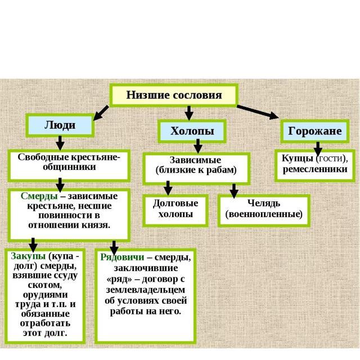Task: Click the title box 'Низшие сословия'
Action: pyautogui.click(x=174, y=95)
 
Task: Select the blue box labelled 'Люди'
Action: pyautogui.click(x=60, y=125)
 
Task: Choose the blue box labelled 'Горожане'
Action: pyautogui.click(x=315, y=131)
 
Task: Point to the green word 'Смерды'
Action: pyautogui.click(x=39, y=196)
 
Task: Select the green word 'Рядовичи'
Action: pyautogui.click(x=121, y=257)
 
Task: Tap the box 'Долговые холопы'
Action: pyautogui.click(x=175, y=209)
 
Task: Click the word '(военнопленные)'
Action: pyautogui.click(x=264, y=214)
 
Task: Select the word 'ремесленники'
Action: pyautogui.click(x=315, y=169)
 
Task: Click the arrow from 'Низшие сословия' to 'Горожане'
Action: pyautogui.click(x=258, y=111)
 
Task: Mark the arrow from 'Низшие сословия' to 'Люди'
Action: pyautogui.click(x=101, y=112)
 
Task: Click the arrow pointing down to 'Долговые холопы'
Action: pyautogui.click(x=168, y=188)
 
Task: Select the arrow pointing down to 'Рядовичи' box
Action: pyautogui.click(x=114, y=246)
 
